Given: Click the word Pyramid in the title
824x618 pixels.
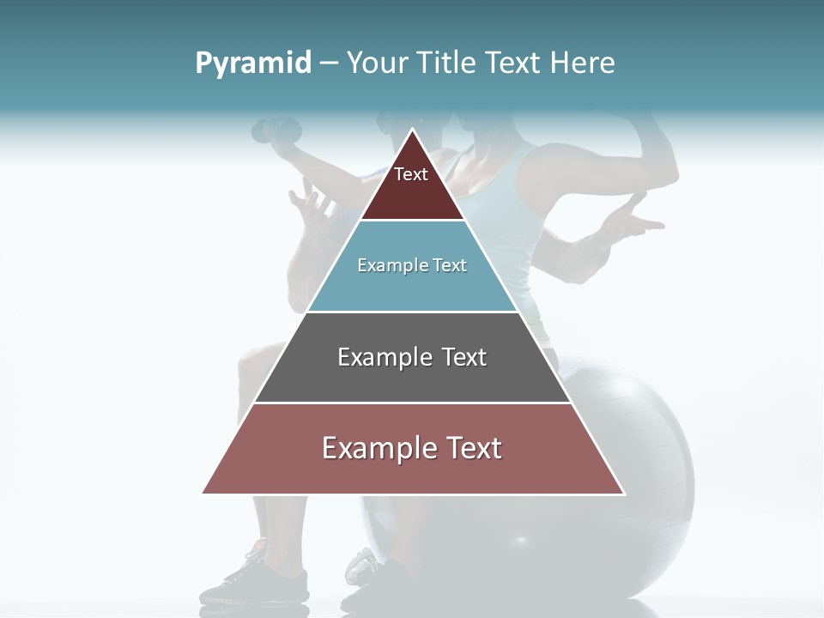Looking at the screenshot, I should (252, 64).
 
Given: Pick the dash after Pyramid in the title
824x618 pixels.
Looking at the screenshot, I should (329, 64).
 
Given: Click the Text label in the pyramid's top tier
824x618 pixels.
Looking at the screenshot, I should (411, 174).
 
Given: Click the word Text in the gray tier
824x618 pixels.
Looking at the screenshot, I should (464, 357).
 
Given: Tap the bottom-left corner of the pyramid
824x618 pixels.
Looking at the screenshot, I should (203, 494).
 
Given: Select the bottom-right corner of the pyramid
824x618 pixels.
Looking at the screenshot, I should (624, 494).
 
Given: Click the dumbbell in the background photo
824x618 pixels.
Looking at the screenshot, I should (277, 130).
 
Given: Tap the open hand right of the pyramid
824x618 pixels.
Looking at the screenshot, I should (631, 219).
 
